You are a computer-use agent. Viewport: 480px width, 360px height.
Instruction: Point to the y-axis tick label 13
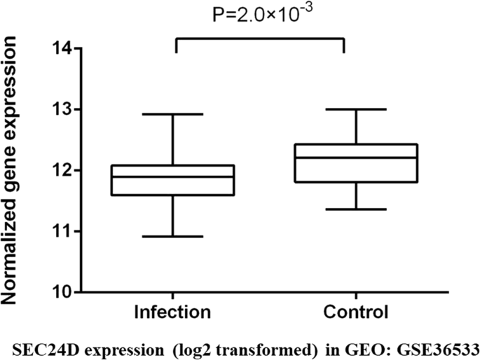(62, 110)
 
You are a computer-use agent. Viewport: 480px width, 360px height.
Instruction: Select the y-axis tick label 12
(62, 170)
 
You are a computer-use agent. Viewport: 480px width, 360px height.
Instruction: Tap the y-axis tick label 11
(62, 231)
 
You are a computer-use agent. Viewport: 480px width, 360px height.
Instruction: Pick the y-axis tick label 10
(62, 292)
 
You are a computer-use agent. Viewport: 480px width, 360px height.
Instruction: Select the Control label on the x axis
(357, 310)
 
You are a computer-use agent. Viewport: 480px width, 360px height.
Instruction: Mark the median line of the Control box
(357, 158)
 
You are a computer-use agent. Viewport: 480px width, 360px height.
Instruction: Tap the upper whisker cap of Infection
(174, 113)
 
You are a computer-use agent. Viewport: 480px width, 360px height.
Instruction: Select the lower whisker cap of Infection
(174, 237)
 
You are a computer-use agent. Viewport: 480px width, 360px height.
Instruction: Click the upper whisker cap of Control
(357, 109)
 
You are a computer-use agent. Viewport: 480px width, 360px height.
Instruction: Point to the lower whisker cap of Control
(357, 209)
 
